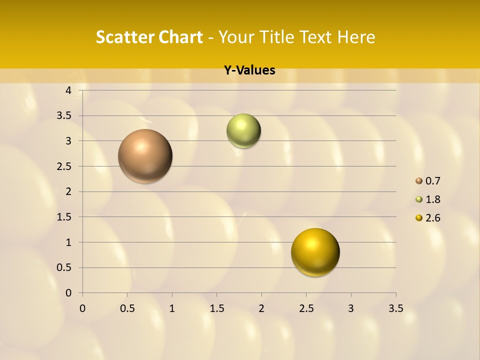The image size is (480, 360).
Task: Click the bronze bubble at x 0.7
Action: [x=145, y=156]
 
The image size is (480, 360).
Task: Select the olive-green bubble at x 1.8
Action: [x=243, y=131]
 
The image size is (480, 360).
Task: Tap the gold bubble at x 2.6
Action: [x=315, y=252]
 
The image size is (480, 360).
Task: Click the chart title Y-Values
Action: [x=249, y=70]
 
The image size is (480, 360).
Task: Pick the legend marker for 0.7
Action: [x=419, y=181]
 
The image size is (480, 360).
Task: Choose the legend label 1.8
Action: [x=433, y=199]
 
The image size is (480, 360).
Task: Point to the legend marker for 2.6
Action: [x=419, y=218]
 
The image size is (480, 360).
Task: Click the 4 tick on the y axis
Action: [x=69, y=90]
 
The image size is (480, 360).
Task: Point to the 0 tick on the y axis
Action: [x=69, y=293]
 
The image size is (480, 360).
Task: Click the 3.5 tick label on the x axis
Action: [x=396, y=307]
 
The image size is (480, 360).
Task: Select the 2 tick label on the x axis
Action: [x=261, y=307]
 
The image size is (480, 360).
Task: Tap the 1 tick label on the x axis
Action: [x=172, y=307]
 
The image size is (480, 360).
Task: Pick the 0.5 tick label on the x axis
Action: [x=127, y=307]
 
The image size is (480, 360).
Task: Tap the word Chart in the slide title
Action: [x=180, y=37]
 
